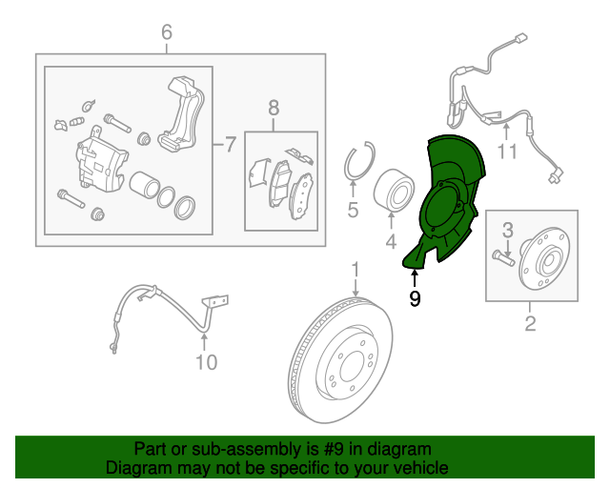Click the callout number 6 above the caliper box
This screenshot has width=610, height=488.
(x=167, y=32)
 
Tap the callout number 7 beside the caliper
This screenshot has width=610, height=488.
(x=229, y=146)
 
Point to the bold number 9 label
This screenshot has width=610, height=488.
(x=415, y=299)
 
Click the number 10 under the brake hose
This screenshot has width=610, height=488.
(x=207, y=362)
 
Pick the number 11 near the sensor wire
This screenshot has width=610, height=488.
(x=506, y=151)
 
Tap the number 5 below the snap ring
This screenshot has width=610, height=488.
(x=353, y=211)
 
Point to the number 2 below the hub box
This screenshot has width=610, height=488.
(x=530, y=325)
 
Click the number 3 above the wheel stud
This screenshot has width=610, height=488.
(x=508, y=229)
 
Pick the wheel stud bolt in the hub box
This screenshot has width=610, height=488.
(x=504, y=254)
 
